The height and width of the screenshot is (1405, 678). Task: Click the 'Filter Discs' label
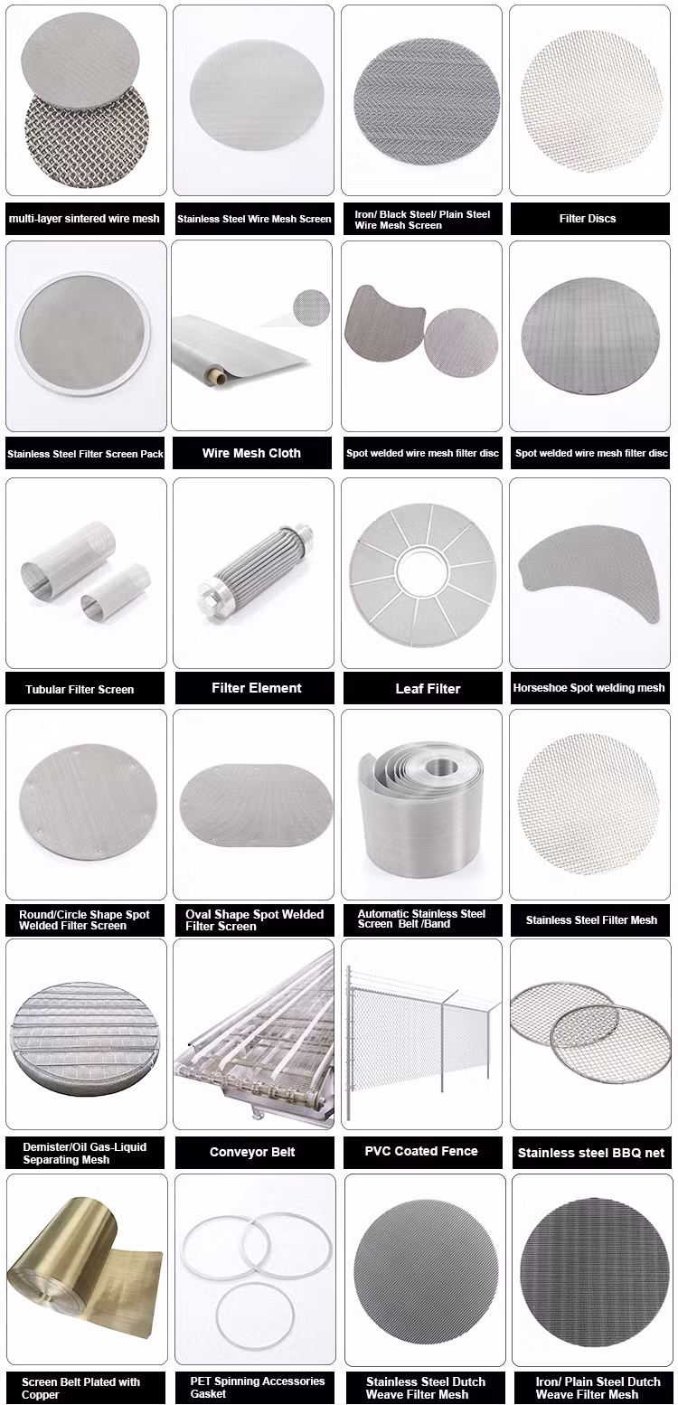pos(588,219)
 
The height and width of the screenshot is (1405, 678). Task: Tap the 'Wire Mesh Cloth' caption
pos(251,453)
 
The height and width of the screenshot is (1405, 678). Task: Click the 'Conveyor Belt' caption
pos(252,1152)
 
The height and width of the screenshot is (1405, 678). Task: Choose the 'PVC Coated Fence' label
pos(421,1151)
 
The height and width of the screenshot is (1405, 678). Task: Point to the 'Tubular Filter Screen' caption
pos(80,689)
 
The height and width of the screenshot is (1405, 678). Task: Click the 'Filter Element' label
pos(256,688)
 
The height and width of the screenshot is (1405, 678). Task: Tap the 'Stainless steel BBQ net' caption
pos(590,1153)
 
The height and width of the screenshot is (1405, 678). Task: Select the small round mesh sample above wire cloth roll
pos(312,307)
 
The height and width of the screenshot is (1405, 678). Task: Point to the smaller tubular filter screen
pos(115,591)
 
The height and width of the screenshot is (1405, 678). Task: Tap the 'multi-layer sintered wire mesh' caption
pos(84,219)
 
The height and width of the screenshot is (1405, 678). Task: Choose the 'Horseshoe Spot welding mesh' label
pos(589,688)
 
